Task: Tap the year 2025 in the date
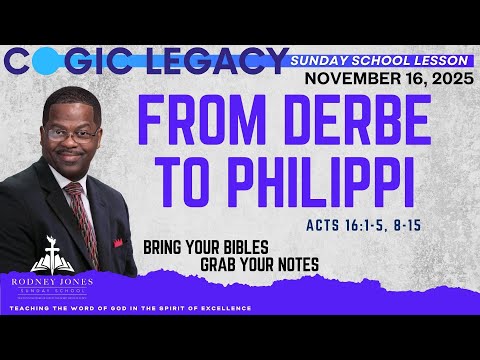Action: coord(446,79)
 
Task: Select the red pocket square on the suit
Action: coord(118,241)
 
